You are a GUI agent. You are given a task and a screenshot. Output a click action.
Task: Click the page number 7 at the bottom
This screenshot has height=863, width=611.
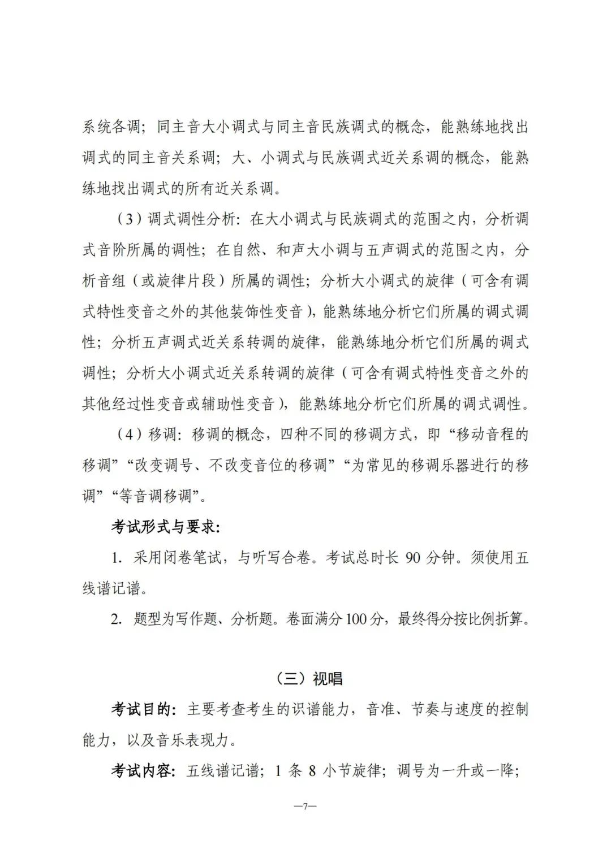click(x=305, y=806)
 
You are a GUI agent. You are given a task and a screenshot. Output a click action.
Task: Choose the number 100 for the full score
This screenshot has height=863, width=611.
click(x=356, y=619)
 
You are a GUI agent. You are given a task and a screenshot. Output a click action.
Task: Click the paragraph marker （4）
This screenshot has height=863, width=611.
click(x=129, y=435)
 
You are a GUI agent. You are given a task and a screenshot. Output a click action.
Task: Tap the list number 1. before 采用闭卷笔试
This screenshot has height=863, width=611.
click(x=117, y=558)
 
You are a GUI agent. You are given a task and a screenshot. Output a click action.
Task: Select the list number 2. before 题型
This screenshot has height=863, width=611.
click(x=117, y=619)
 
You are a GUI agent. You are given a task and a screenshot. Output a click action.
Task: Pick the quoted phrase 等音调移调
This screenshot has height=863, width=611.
click(x=156, y=496)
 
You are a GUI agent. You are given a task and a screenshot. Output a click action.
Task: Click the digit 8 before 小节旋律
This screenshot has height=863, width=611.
click(x=312, y=770)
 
